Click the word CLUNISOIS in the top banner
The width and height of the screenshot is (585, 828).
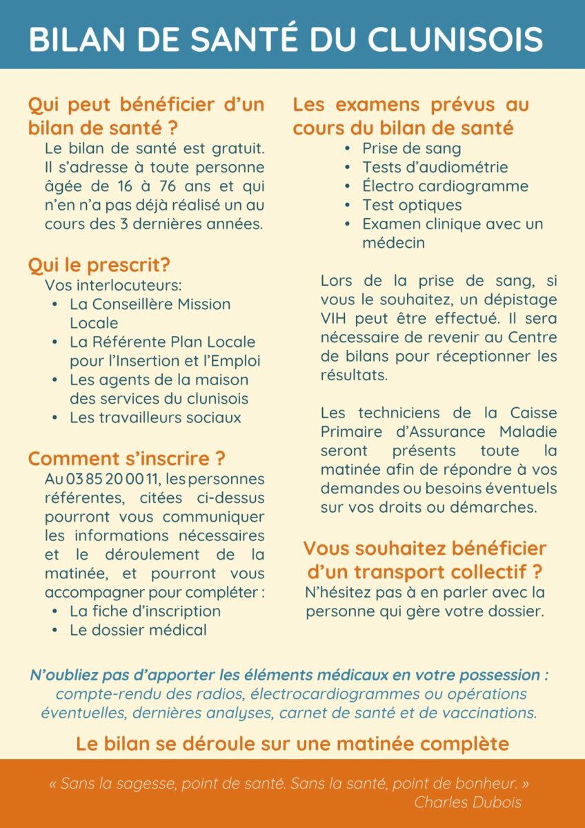pos(455,39)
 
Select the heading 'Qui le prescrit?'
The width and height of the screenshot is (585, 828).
pos(99,265)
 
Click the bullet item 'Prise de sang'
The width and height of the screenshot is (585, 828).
pos(412,148)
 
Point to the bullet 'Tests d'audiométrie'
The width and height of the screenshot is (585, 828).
pos(435,167)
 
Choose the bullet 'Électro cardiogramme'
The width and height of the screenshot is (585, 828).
pos(445,186)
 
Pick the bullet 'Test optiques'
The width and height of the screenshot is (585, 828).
pos(412,205)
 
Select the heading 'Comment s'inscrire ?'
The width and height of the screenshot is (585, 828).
pos(126,458)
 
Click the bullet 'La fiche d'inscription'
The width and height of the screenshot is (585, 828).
pos(145,611)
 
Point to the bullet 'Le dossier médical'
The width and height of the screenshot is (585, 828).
pos(138,629)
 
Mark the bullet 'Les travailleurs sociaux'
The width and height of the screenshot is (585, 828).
pos(155,417)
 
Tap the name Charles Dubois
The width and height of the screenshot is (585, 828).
pos(468,802)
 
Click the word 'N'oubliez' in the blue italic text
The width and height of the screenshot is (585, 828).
pos(63,675)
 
